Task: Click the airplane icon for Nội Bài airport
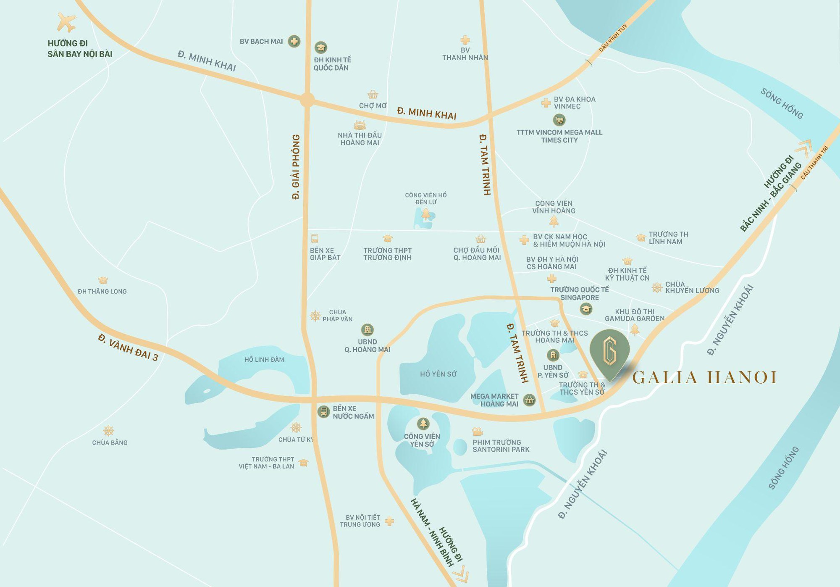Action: [x=66, y=22]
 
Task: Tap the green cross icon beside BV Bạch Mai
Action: [x=294, y=41]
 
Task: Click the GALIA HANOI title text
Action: [x=704, y=377]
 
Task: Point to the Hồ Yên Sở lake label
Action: [x=438, y=374]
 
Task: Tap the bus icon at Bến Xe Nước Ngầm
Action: [x=323, y=411]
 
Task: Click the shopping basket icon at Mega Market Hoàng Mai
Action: [x=529, y=400]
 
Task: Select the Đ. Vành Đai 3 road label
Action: [x=128, y=347]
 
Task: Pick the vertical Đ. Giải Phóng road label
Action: [x=296, y=167]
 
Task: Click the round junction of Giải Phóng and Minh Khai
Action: [x=307, y=100]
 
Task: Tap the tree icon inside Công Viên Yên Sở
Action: [x=423, y=424]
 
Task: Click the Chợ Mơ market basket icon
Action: [x=373, y=94]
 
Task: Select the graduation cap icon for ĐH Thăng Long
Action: [x=103, y=280]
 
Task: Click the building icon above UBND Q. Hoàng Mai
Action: [x=367, y=329]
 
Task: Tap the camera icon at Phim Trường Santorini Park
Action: [x=477, y=432]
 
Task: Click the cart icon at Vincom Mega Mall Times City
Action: [x=559, y=120]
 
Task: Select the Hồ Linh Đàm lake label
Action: [x=264, y=360]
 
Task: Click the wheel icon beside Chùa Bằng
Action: [x=109, y=430]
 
